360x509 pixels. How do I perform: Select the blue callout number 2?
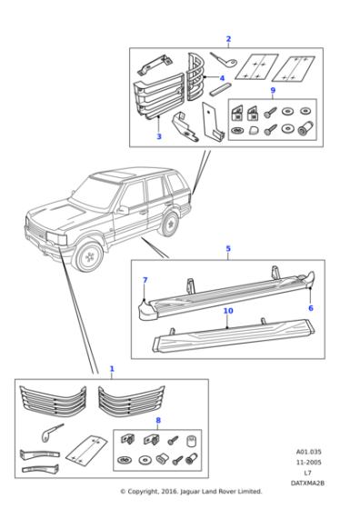point(228,39)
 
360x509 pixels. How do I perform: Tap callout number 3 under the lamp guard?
point(159,136)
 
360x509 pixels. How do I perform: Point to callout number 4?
point(221,78)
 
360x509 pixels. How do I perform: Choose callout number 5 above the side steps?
point(228,248)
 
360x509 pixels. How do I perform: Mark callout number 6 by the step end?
point(310,308)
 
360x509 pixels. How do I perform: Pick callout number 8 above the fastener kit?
point(157,420)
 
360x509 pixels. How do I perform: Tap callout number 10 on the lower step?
point(228,312)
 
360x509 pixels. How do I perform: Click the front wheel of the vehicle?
point(90,258)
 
